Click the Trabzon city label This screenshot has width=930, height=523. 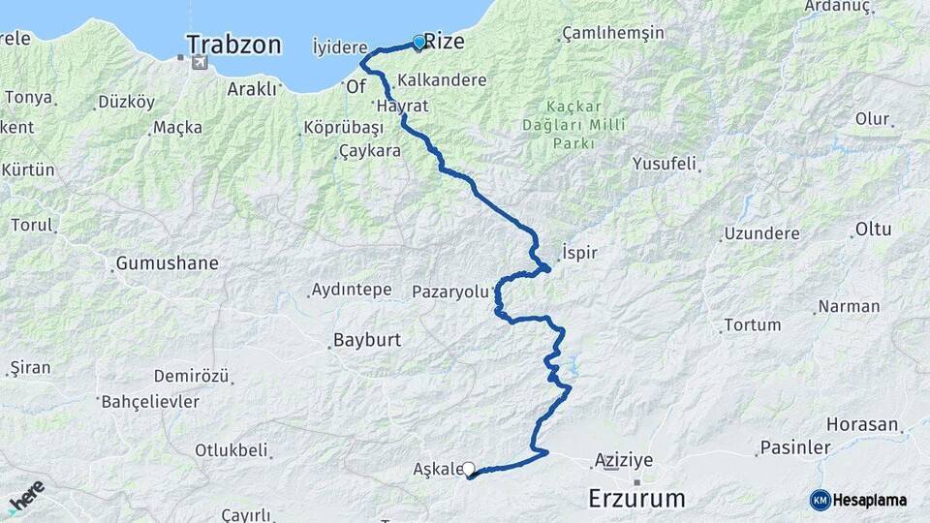coord(233,45)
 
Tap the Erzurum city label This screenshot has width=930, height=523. coord(637,499)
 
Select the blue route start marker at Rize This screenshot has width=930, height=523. coord(418,43)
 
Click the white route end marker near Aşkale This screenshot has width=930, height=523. coord(469,469)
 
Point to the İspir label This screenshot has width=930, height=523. coord(579,253)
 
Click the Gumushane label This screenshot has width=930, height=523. coord(167,263)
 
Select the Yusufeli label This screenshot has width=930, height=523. coord(664,164)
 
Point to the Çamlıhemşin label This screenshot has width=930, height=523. coord(613,33)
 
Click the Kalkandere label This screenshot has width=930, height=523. coord(442,80)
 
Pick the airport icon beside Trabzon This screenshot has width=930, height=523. coord(200,63)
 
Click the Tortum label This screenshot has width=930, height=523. coord(752,324)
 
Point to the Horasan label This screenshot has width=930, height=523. coord(861,424)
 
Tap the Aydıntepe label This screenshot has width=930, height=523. coord(351,290)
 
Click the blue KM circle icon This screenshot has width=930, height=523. coord(821,500)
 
